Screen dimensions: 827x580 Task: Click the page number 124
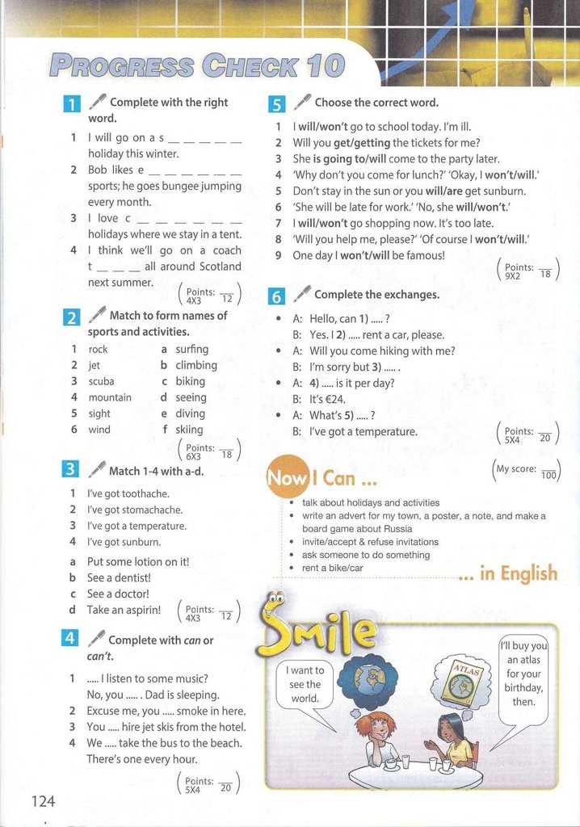[44, 800]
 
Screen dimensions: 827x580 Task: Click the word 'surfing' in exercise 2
[191, 349]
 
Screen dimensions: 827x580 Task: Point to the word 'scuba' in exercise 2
[102, 381]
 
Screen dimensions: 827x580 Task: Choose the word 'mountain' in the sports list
[110, 397]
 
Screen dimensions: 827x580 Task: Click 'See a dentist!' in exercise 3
[119, 577]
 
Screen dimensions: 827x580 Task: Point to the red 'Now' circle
[287, 479]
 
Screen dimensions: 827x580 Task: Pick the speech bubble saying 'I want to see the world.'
[305, 684]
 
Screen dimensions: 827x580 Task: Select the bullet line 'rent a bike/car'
[333, 568]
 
